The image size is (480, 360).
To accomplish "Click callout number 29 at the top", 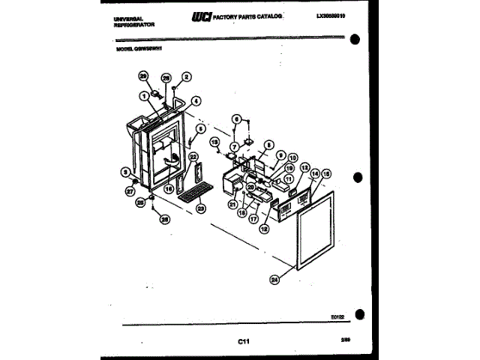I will point(142,76).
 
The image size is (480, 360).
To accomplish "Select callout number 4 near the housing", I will point(195,100).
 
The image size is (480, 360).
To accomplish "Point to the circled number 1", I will point(142,95).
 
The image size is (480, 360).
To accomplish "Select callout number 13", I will point(304,169).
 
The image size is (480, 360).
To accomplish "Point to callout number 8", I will point(268,144).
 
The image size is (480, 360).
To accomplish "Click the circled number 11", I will point(288,180).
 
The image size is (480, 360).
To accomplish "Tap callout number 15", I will point(325,173).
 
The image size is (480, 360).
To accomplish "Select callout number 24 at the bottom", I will point(274,280).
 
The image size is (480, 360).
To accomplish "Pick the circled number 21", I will point(233,204).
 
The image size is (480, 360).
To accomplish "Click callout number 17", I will point(253,220).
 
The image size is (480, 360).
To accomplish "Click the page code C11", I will point(243,342).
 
